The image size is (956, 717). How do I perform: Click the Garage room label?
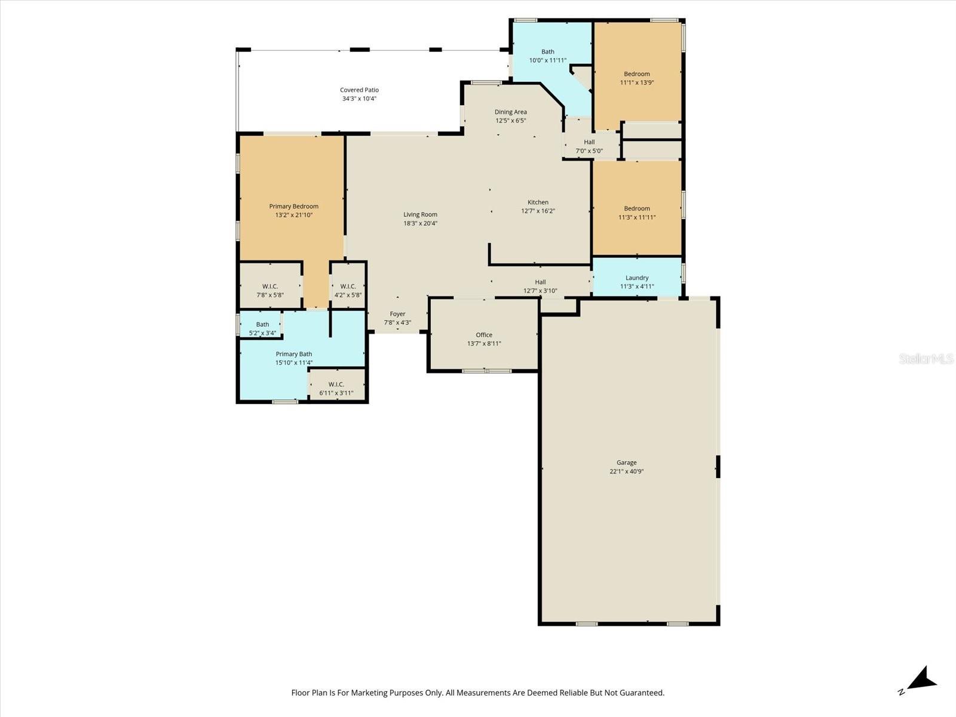click(x=626, y=462)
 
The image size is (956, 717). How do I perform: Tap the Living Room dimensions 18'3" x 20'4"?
click(x=420, y=223)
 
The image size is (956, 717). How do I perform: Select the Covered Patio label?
click(x=359, y=90)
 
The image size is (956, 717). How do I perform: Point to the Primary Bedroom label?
click(x=293, y=207)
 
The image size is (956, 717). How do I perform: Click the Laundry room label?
click(x=637, y=278)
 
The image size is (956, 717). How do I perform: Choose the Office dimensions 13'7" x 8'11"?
click(x=484, y=344)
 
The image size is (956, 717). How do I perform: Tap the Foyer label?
click(x=397, y=314)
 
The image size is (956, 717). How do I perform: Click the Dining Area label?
click(x=510, y=112)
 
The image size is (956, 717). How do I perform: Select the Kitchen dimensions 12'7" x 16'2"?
click(x=538, y=211)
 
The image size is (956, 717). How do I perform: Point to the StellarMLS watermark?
click(x=926, y=358)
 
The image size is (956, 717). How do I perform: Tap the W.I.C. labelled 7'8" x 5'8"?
click(x=270, y=287)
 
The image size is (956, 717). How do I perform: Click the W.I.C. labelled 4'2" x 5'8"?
click(x=348, y=287)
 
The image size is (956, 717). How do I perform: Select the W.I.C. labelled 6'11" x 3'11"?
click(x=336, y=385)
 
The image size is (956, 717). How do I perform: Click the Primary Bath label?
click(x=293, y=354)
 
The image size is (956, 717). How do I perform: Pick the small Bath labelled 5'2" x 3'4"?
click(x=262, y=324)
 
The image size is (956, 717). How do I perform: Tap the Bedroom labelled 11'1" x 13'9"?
click(x=636, y=74)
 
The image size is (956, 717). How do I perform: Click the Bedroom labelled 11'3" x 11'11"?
click(x=636, y=209)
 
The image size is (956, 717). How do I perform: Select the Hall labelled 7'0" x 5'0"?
click(x=589, y=142)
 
